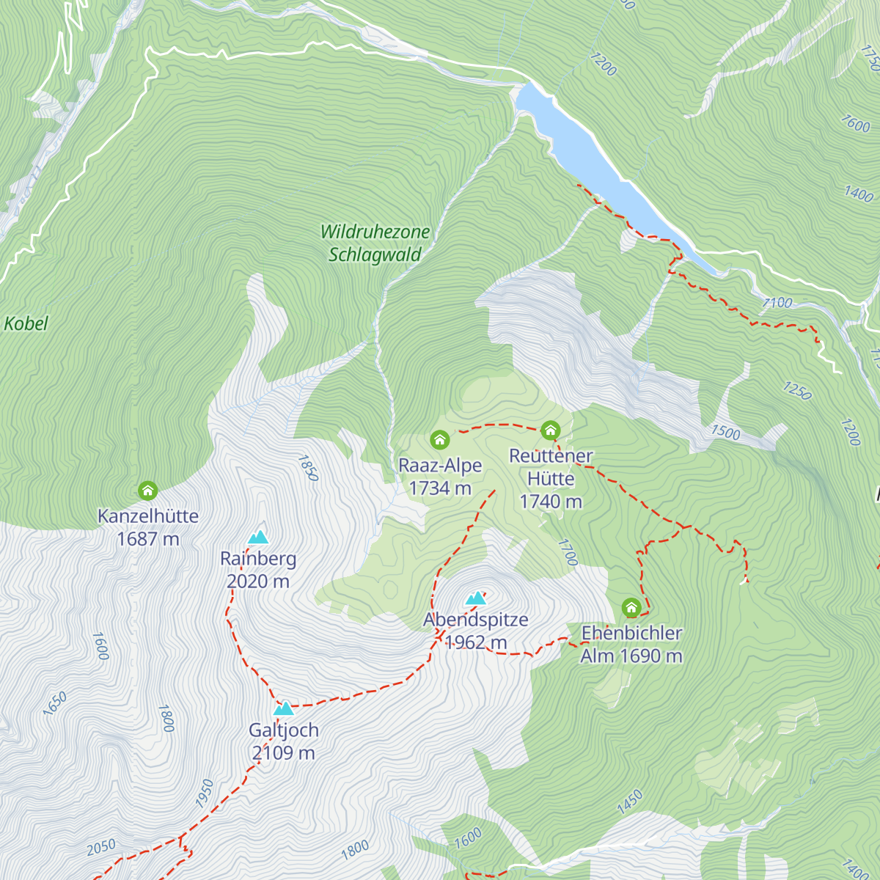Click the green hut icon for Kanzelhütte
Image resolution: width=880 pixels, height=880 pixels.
point(148,491)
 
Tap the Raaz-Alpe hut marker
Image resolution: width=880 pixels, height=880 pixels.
point(439,440)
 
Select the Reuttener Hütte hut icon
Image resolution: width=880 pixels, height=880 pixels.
point(550,430)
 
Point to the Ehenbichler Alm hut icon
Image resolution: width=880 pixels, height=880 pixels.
point(631,608)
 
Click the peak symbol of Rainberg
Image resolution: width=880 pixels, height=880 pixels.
point(258,538)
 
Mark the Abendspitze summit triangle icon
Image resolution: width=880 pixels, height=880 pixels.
point(476,598)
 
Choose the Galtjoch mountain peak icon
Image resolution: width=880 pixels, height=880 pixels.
point(284,708)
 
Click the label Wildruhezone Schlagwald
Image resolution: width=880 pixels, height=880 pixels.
point(375,243)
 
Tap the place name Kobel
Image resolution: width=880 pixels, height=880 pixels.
point(26,323)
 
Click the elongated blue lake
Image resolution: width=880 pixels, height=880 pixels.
point(601,169)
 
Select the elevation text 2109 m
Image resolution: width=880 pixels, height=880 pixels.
point(283,753)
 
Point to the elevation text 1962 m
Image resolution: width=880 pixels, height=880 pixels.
point(475,642)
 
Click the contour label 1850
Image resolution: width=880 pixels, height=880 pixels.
point(308,468)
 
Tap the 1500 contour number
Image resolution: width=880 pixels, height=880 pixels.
point(725,432)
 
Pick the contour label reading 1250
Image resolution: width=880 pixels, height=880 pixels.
point(797,391)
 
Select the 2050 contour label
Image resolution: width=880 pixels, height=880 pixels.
point(101,847)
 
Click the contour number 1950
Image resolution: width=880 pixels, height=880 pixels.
point(205,793)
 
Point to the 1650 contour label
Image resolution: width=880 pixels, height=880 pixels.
point(55,703)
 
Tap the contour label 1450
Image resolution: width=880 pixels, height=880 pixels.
point(629,802)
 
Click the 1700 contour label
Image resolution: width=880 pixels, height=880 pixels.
point(568,552)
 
